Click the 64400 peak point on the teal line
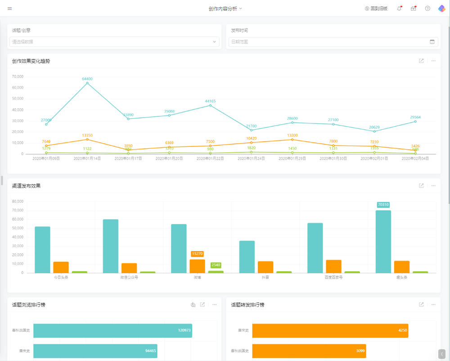coord(87,83)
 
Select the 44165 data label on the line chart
coord(210,101)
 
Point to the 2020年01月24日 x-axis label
coord(251,159)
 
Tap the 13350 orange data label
coord(87,135)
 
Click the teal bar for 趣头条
coord(383,242)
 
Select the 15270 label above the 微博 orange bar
coord(197,254)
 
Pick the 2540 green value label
coord(216,265)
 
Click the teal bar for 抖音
coord(247,257)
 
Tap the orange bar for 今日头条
coord(61,267)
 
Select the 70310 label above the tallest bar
coord(383,205)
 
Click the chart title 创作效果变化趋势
coord(31,61)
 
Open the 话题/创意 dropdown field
coord(115,42)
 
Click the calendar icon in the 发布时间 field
coord(432,42)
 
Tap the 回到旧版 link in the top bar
coord(376,9)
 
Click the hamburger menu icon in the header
coord(10,9)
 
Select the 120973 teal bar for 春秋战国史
coord(112,330)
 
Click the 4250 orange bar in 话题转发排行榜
coord(330,330)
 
